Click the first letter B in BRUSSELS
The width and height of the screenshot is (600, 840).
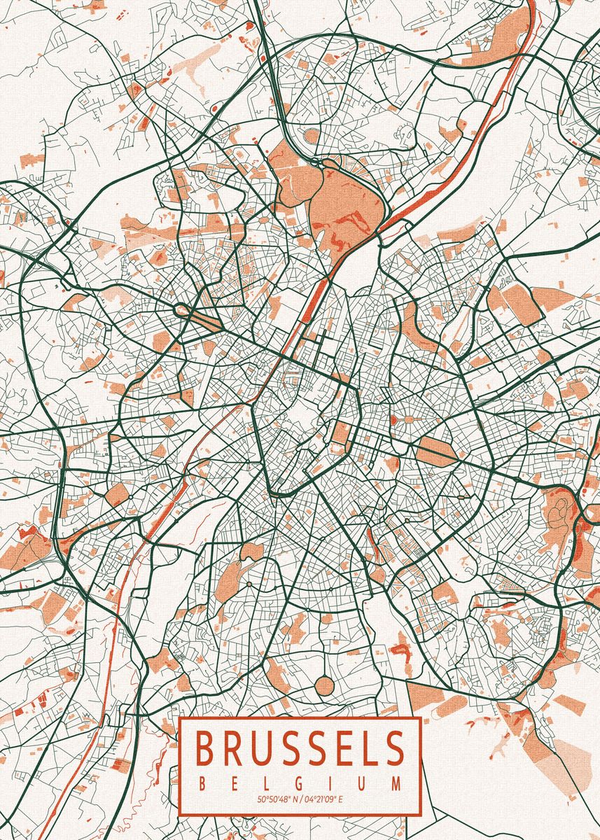pyautogui.click(x=205, y=748)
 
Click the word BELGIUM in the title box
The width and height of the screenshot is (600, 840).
pyautogui.click(x=300, y=783)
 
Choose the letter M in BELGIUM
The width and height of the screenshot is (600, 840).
pyautogui.click(x=398, y=783)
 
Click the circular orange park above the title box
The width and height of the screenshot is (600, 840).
pyautogui.click(x=325, y=685)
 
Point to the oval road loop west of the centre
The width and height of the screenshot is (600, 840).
pyautogui.click(x=185, y=309)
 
